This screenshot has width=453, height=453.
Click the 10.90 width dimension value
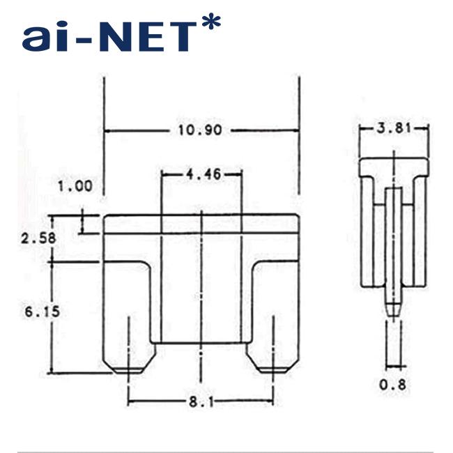click(200, 130)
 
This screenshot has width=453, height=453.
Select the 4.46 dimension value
click(204, 174)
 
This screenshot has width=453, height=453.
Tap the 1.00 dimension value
click(75, 186)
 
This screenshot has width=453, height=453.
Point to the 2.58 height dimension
click(38, 238)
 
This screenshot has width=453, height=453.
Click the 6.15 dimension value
click(43, 312)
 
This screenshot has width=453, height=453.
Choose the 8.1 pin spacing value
click(201, 401)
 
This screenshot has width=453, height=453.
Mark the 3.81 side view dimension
click(394, 128)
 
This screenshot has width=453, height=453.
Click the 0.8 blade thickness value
click(392, 385)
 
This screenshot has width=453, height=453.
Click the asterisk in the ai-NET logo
click(211, 22)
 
